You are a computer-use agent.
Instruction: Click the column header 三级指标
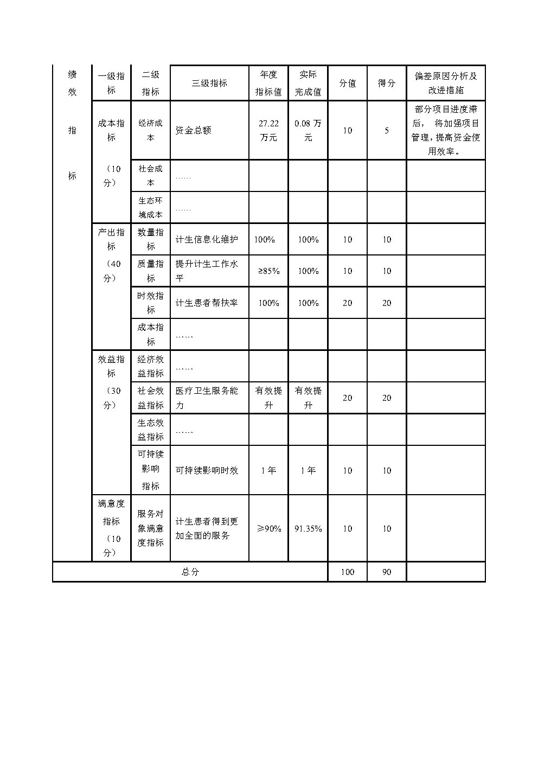point(209,83)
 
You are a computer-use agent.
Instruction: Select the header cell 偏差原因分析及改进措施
point(445,83)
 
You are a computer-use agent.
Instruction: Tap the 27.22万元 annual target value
point(268,131)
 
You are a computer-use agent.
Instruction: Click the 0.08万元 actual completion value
point(308,131)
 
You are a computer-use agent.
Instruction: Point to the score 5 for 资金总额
point(386,131)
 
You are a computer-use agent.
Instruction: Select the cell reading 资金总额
point(194,131)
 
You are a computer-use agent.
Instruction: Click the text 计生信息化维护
point(207,239)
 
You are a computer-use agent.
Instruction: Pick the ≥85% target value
point(268,271)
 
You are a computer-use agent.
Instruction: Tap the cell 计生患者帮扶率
point(207,303)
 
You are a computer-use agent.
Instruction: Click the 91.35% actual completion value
point(308,528)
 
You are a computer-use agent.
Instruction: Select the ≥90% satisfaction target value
point(268,528)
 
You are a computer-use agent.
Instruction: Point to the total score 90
point(386,572)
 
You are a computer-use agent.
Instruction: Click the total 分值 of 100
point(347,572)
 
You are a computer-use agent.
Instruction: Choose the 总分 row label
point(190,572)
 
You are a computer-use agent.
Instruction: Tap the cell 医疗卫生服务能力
point(207,398)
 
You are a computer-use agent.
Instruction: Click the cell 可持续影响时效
point(207,470)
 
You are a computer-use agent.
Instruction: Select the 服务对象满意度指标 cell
point(150,528)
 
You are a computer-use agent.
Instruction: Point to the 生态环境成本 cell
point(150,208)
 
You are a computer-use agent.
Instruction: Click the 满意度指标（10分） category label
point(111,528)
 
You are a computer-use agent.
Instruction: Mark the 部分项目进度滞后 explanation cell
point(445,131)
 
